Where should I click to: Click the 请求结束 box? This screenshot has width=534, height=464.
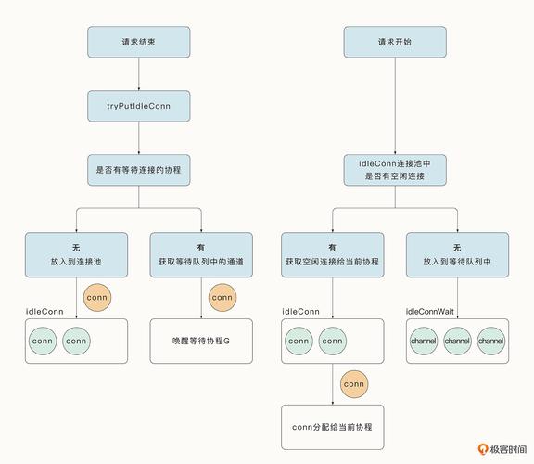(139, 43)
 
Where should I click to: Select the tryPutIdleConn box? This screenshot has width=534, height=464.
(139, 106)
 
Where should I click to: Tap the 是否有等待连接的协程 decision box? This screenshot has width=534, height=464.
(139, 170)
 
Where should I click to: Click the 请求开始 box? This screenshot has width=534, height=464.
(395, 43)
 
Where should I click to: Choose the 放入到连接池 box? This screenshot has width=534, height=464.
(76, 254)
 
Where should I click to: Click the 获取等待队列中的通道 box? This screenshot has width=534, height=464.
(201, 254)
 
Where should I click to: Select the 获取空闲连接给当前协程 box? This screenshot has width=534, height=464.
(333, 254)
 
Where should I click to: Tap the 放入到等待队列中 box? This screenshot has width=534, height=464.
(457, 254)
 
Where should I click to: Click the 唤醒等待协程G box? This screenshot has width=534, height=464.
(201, 342)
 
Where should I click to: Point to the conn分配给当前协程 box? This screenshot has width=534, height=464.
(333, 427)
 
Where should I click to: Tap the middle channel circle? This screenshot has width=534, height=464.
(457, 342)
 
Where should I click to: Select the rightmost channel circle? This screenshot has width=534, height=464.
(490, 342)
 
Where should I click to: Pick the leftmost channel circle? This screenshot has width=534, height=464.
(423, 342)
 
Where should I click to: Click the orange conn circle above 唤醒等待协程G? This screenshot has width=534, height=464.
(222, 298)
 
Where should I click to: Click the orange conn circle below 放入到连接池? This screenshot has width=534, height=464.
(97, 298)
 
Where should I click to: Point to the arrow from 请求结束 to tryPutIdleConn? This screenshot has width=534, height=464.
(139, 75)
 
